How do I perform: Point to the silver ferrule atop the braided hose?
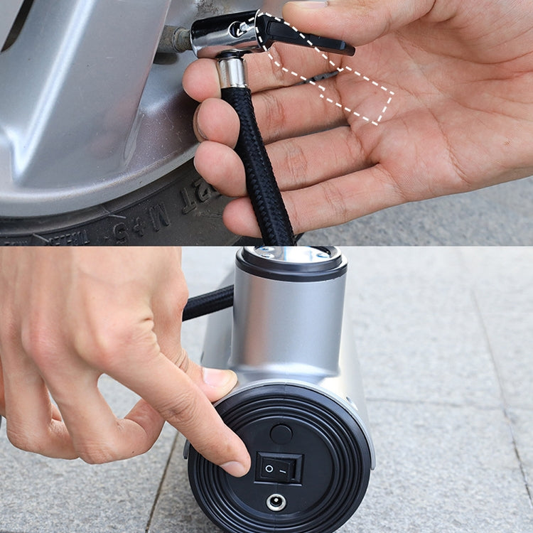(232, 72)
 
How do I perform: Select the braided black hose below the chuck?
(259, 163)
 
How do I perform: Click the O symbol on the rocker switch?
(268, 469)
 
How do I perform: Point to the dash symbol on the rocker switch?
(288, 470)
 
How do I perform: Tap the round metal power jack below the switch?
(276, 502)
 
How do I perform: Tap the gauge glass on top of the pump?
(291, 253)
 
